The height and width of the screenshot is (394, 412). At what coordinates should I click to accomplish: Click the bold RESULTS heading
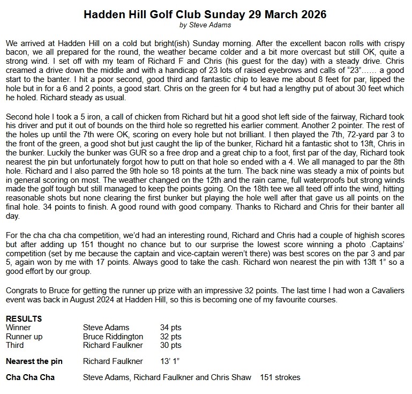pyautogui.click(x=24, y=319)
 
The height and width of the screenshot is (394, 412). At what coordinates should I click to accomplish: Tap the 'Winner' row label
pyautogui.click(x=18, y=327)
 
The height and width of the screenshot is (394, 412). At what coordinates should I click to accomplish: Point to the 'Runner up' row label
pyautogui.click(x=24, y=337)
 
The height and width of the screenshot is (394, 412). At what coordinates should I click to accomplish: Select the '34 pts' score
pyautogui.click(x=171, y=327)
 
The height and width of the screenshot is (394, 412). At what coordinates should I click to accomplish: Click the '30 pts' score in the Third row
pyautogui.click(x=171, y=346)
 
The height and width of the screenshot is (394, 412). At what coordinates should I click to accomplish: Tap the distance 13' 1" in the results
pyautogui.click(x=171, y=361)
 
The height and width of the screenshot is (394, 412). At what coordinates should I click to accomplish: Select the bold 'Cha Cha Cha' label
pyautogui.click(x=30, y=377)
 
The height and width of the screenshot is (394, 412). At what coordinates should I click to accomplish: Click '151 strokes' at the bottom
pyautogui.click(x=280, y=377)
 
